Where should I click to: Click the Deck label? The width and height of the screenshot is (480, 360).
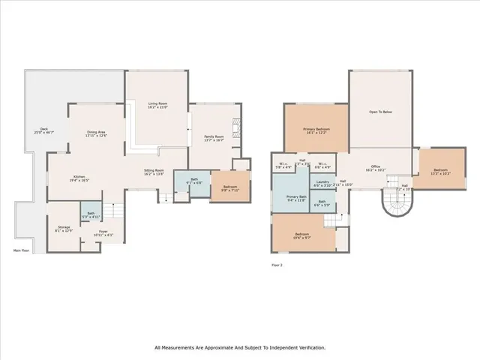point(43,129)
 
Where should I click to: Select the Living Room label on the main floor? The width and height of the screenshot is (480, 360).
point(157,105)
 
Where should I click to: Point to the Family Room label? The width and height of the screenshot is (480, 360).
point(214,136)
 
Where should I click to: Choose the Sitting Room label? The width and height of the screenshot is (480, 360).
point(154,170)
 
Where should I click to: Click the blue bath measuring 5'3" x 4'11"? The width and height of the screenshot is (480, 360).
point(91,215)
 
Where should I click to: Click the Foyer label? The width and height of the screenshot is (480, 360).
point(104,232)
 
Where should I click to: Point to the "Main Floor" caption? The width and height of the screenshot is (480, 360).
point(22,250)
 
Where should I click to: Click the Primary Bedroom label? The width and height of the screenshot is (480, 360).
point(316,130)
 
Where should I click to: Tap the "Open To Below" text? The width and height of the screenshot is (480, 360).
point(380,112)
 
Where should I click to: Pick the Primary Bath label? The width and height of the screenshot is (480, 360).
point(297,197)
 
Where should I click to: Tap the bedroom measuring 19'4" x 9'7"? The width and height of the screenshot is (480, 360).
point(302,235)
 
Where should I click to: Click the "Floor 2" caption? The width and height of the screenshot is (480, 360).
point(277,265)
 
